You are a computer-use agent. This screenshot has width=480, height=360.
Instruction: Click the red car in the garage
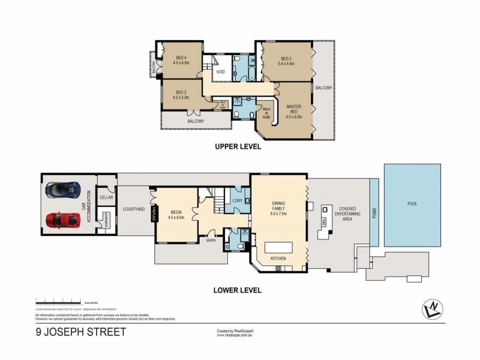[62, 221]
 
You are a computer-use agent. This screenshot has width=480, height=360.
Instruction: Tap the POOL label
[412, 203]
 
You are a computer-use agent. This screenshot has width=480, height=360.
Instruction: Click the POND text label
[374, 213]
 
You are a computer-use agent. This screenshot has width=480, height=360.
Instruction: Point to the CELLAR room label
[106, 197]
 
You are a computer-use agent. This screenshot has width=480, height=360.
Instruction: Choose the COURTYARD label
[132, 209]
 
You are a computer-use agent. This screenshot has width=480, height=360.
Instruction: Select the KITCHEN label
[278, 259]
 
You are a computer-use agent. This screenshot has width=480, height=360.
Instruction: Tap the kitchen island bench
[278, 247]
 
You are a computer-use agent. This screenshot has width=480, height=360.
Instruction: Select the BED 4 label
[181, 59]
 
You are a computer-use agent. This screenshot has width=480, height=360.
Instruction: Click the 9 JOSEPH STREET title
[80, 332]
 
